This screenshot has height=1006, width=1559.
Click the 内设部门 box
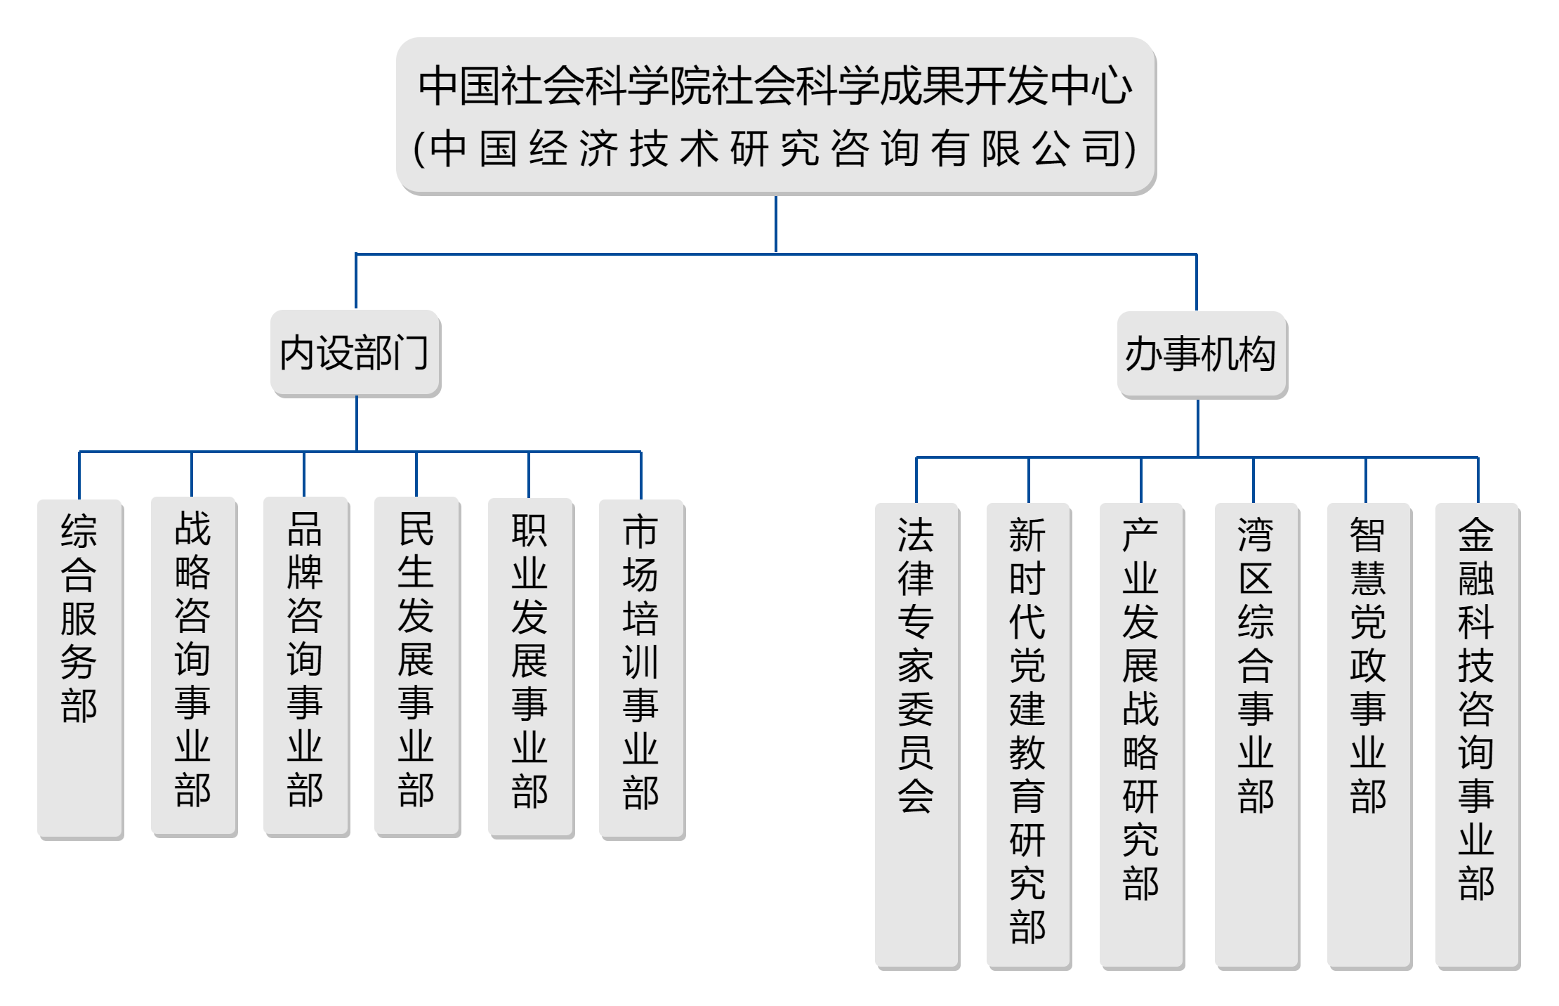tap(355, 353)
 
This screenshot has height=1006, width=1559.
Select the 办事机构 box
tap(1202, 355)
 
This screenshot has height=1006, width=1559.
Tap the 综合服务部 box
tap(80, 669)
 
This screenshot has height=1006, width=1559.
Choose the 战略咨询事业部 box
tap(194, 667)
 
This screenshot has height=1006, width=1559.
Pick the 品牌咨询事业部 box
tap(306, 667)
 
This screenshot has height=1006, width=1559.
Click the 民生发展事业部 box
tap(417, 667)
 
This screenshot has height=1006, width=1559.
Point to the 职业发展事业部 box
tap(531, 668)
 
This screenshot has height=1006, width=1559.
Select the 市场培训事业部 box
tap(642, 669)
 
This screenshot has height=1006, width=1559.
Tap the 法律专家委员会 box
tap(917, 736)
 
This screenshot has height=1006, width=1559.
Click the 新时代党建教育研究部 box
tap(1029, 736)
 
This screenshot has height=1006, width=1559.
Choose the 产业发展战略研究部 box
tap(1142, 736)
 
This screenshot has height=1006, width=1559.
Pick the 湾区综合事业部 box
tap(1257, 736)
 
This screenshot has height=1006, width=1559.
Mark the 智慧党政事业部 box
tap(1369, 736)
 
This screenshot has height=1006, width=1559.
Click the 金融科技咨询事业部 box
tap(1478, 736)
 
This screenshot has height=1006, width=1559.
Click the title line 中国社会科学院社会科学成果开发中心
tap(775, 86)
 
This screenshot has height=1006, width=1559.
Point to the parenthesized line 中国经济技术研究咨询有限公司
tap(775, 148)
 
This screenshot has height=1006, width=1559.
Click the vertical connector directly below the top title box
tap(775, 224)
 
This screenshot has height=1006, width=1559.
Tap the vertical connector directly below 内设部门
tap(357, 424)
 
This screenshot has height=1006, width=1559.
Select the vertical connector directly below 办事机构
tap(1198, 428)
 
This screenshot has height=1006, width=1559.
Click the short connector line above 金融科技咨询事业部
tap(1478, 480)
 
